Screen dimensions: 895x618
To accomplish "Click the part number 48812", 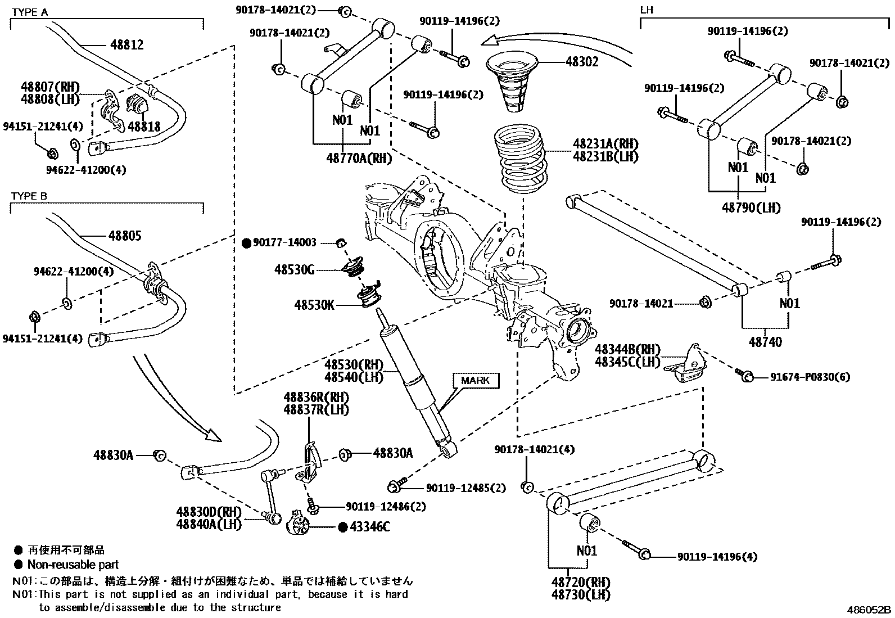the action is pyautogui.click(x=126, y=45).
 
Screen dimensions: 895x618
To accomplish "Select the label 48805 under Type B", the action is pyautogui.click(x=125, y=236).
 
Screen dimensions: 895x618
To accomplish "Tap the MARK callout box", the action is pyautogui.click(x=476, y=380).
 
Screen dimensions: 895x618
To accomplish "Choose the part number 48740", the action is pyautogui.click(x=765, y=342).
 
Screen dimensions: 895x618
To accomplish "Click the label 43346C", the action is pyautogui.click(x=369, y=527).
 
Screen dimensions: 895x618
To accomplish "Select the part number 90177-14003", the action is pyautogui.click(x=284, y=242).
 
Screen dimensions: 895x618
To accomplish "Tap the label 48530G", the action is pyautogui.click(x=295, y=270).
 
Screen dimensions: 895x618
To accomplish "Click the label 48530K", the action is pyautogui.click(x=314, y=305).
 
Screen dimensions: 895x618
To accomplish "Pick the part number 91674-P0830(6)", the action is pyautogui.click(x=810, y=377).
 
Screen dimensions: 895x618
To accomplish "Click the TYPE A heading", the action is pyautogui.click(x=30, y=12).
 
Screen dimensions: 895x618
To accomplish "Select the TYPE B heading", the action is pyautogui.click(x=29, y=196).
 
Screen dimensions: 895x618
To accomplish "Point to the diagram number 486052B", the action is pyautogui.click(x=869, y=610).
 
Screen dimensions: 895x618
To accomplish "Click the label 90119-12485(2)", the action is pyautogui.click(x=466, y=488).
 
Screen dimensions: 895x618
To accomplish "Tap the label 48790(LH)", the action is pyautogui.click(x=751, y=208).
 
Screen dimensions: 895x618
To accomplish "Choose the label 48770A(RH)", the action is pyautogui.click(x=359, y=159).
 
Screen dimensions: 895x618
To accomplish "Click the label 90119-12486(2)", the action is pyautogui.click(x=386, y=507).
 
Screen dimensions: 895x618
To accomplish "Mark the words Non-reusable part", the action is pyautogui.click(x=73, y=565).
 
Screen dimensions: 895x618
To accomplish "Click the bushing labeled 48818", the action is pyautogui.click(x=137, y=105).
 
